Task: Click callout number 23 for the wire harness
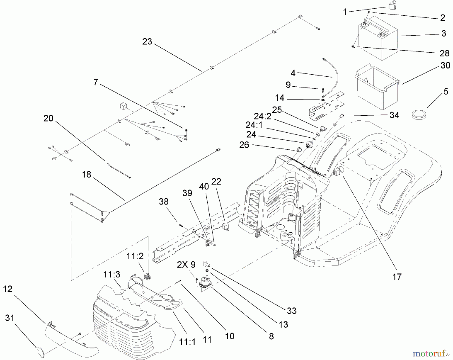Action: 147,42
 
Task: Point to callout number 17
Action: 397,277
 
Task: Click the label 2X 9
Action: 186,265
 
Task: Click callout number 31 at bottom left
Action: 10,318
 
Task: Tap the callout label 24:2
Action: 262,116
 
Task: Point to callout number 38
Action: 164,202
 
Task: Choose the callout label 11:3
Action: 112,274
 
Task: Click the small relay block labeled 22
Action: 226,226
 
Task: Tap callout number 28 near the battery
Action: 444,53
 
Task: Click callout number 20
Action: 48,118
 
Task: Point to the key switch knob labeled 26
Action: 298,149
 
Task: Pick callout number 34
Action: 394,115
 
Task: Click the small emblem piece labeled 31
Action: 40,352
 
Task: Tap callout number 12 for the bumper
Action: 8,289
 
